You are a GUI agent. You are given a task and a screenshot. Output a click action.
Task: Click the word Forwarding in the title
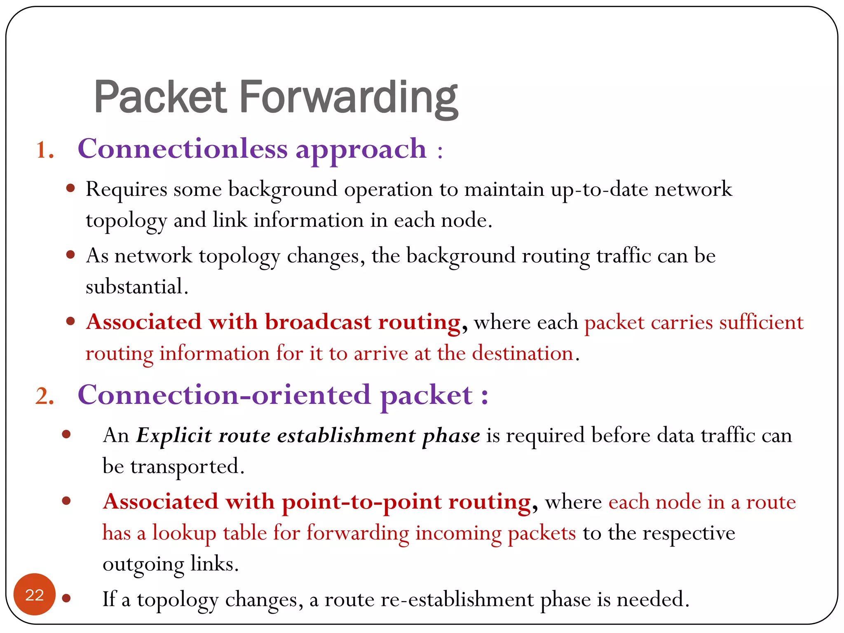pos(348,98)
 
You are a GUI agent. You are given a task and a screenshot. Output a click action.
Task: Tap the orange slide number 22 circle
pos(35,595)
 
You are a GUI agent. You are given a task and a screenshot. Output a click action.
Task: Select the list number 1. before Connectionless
pos(45,150)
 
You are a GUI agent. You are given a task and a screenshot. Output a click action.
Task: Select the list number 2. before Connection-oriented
pos(45,396)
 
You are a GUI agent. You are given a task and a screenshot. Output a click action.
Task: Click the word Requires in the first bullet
pos(126,190)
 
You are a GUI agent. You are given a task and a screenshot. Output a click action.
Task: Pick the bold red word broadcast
pos(318,322)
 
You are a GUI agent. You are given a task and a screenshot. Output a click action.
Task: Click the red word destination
pos(523,353)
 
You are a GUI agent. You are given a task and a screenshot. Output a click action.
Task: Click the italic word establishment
pos(346,435)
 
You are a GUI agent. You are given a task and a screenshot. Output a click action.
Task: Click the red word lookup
pos(184,533)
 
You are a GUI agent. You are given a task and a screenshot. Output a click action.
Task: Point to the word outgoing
pos(143,565)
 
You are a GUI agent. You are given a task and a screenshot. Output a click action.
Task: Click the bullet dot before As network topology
pos(70,255)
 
